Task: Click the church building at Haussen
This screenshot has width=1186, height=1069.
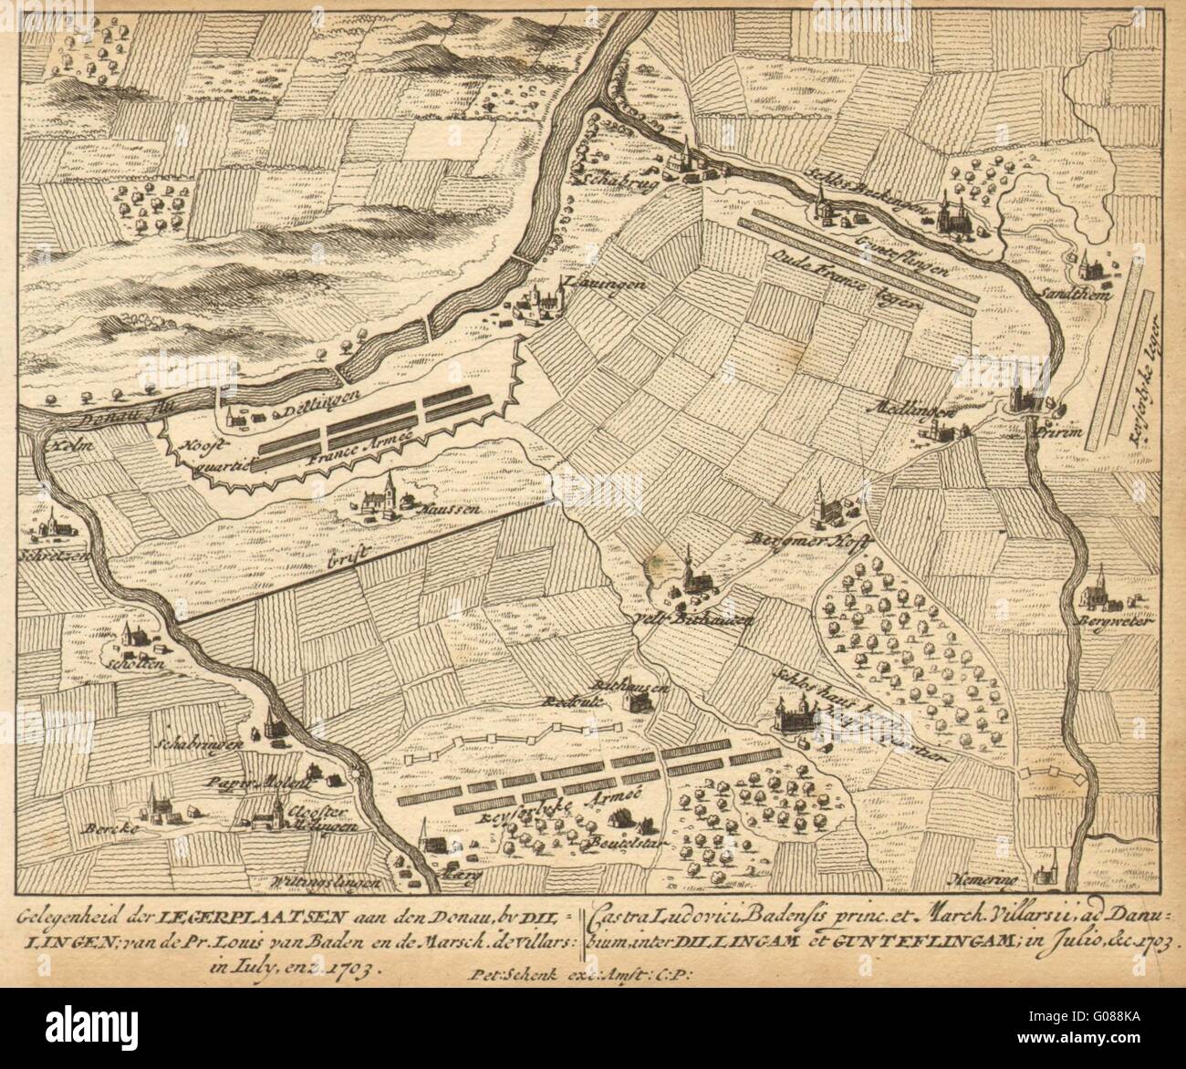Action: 388,497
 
